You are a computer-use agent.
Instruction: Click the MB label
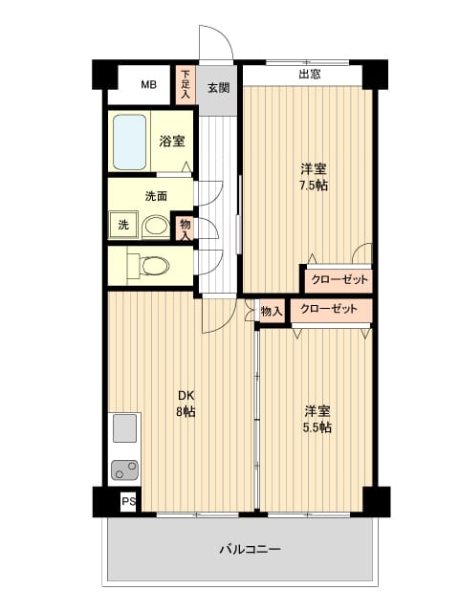click(x=149, y=84)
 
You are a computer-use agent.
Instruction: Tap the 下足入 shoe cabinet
click(x=186, y=85)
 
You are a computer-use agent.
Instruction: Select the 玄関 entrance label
click(x=218, y=88)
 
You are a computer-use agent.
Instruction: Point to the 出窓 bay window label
click(x=310, y=75)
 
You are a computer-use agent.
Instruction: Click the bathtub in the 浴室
click(x=130, y=142)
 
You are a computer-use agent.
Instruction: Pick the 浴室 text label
click(x=172, y=141)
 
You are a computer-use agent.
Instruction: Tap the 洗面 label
click(x=156, y=196)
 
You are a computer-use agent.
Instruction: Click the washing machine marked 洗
click(x=123, y=225)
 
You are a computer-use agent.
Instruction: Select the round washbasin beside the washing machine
click(x=155, y=226)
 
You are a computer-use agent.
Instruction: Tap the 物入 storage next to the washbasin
click(x=185, y=229)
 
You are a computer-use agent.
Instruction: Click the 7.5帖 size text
click(x=314, y=186)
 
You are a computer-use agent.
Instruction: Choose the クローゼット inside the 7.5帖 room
click(x=339, y=279)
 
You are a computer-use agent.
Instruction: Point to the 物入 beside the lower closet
click(x=272, y=311)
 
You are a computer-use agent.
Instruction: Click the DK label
click(x=186, y=395)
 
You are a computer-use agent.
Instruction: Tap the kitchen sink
click(x=124, y=427)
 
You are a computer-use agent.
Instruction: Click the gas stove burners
click(x=124, y=470)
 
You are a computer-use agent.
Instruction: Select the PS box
click(x=128, y=501)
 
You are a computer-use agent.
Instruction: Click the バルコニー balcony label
click(x=250, y=550)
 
